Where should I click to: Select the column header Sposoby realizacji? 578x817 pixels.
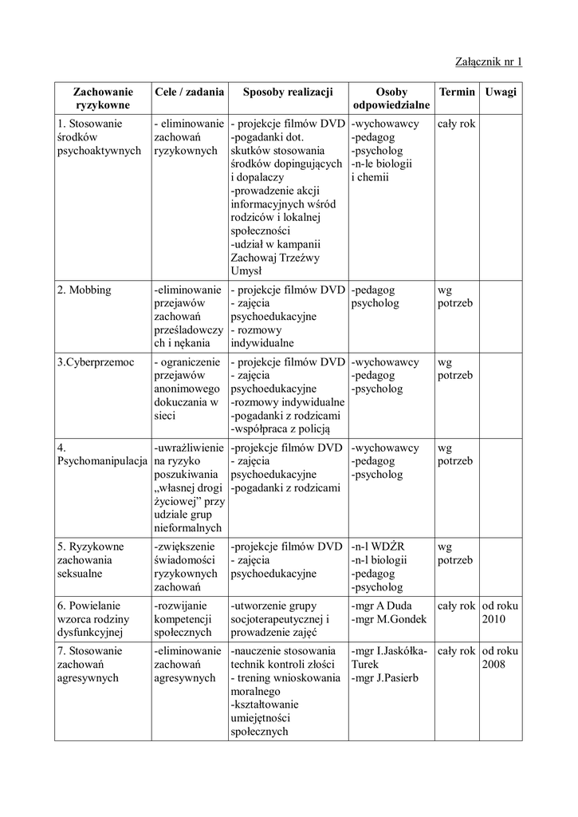287,92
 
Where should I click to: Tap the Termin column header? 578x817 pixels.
456,92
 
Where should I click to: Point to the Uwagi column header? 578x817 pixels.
500,92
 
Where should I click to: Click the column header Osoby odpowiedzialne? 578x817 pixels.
391,98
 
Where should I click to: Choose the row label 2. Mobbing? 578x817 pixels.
85,290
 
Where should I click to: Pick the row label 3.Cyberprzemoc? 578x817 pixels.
96,361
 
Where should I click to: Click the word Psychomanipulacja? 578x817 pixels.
101,461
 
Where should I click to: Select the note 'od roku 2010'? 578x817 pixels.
500,612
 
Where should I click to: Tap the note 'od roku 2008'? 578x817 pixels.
500,657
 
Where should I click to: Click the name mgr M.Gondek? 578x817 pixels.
388,619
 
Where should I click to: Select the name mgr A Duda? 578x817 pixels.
379,606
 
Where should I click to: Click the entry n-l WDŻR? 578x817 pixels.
378,547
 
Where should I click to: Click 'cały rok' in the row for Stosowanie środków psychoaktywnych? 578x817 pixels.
456,124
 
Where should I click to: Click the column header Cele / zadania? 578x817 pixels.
189,92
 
